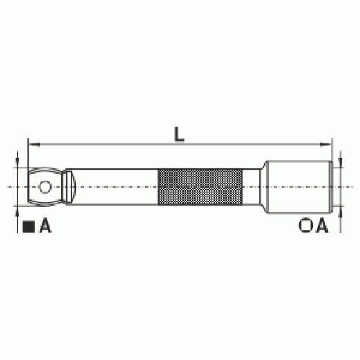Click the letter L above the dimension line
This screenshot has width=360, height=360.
pyautogui.click(x=179, y=134)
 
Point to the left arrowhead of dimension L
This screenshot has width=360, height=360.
pyautogui.click(x=34, y=145)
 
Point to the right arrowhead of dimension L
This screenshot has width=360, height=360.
pyautogui.click(x=326, y=145)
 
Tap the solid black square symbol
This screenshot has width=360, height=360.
pyautogui.click(x=29, y=227)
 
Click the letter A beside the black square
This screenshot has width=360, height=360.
pyautogui.click(x=45, y=226)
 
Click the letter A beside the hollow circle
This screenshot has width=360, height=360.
pyautogui.click(x=322, y=225)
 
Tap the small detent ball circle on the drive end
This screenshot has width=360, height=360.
pyautogui.click(x=45, y=186)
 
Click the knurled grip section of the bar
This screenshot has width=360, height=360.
pyautogui.click(x=200, y=187)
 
